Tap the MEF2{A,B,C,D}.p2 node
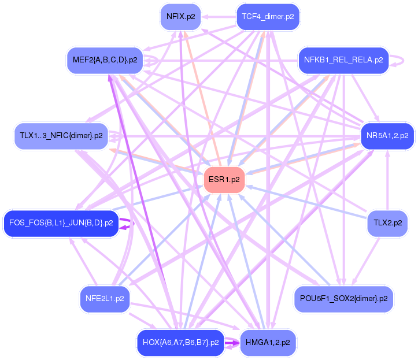point(105,60)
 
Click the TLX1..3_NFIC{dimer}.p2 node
point(61,136)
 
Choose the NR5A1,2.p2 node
point(387,136)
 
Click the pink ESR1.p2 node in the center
point(224,180)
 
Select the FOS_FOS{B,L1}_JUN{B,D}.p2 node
point(61,223)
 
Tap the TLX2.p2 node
point(387,223)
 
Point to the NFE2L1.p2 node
point(104,299)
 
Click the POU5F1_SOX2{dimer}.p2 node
point(343,299)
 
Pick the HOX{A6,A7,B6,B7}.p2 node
point(180,342)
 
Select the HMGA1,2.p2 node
point(268,342)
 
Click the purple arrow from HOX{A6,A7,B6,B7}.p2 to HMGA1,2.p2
point(231,343)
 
